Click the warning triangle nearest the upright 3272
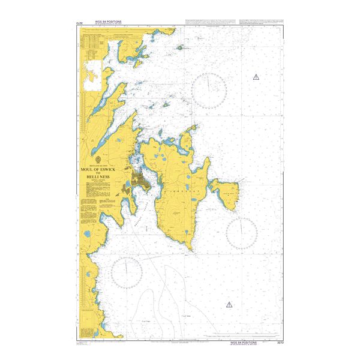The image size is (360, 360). coord(229,305)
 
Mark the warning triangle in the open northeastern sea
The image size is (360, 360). coord(256,77)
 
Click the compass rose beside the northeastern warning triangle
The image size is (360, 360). coord(209,91)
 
